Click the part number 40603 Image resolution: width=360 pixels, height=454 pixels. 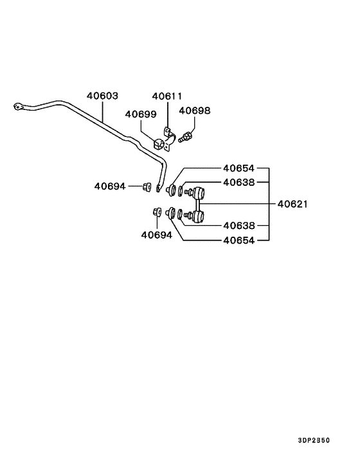pyautogui.click(x=102, y=96)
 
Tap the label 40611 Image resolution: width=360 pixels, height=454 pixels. pyautogui.click(x=167, y=96)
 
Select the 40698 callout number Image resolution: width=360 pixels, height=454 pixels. pyautogui.click(x=195, y=111)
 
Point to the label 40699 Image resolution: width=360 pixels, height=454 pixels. pyautogui.click(x=141, y=114)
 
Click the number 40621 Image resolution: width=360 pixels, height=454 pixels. pyautogui.click(x=292, y=204)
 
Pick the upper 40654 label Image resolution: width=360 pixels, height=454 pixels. pyautogui.click(x=239, y=168)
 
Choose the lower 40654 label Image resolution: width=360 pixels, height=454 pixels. pyautogui.click(x=239, y=241)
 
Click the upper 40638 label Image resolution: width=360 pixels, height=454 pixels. pyautogui.click(x=239, y=183)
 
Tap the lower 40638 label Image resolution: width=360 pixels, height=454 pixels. pyautogui.click(x=239, y=226)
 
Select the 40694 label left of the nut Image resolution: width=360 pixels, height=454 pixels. pyautogui.click(x=110, y=186)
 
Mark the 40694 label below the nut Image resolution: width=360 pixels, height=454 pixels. pyautogui.click(x=157, y=235)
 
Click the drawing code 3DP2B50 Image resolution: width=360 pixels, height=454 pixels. pyautogui.click(x=314, y=440)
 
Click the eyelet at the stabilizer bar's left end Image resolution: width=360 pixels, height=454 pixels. pyautogui.click(x=18, y=107)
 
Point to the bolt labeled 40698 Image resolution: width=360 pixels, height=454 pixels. pyautogui.click(x=186, y=136)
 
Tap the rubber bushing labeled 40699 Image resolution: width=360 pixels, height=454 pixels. pyautogui.click(x=158, y=144)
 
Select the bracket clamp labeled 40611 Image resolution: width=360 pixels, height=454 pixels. pyautogui.click(x=169, y=139)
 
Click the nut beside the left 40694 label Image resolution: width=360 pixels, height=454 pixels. pyautogui.click(x=147, y=186)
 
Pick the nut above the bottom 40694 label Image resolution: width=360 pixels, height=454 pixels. pyautogui.click(x=157, y=212)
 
